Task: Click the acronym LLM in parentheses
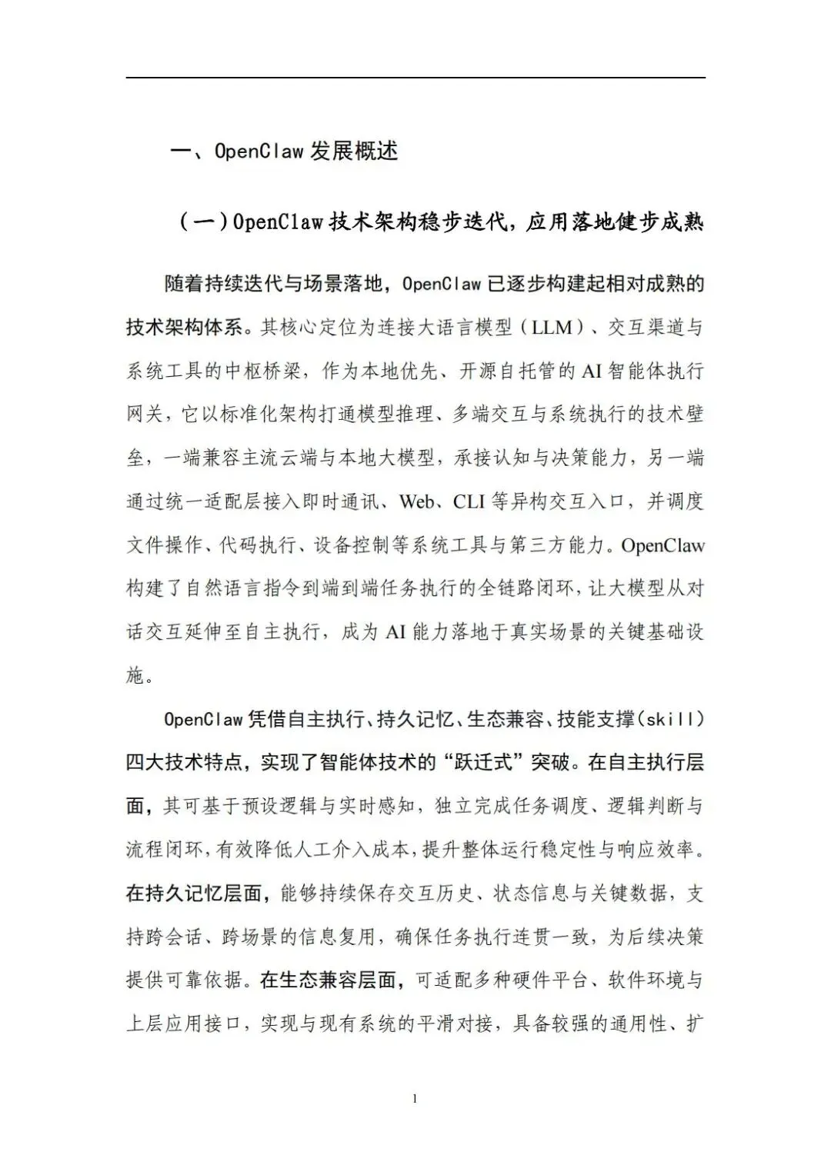(552, 328)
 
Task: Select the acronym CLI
(469, 502)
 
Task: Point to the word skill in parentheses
(673, 720)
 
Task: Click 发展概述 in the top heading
(354, 151)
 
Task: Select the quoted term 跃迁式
(506, 763)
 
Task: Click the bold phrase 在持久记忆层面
(196, 894)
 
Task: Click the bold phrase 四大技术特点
(185, 763)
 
